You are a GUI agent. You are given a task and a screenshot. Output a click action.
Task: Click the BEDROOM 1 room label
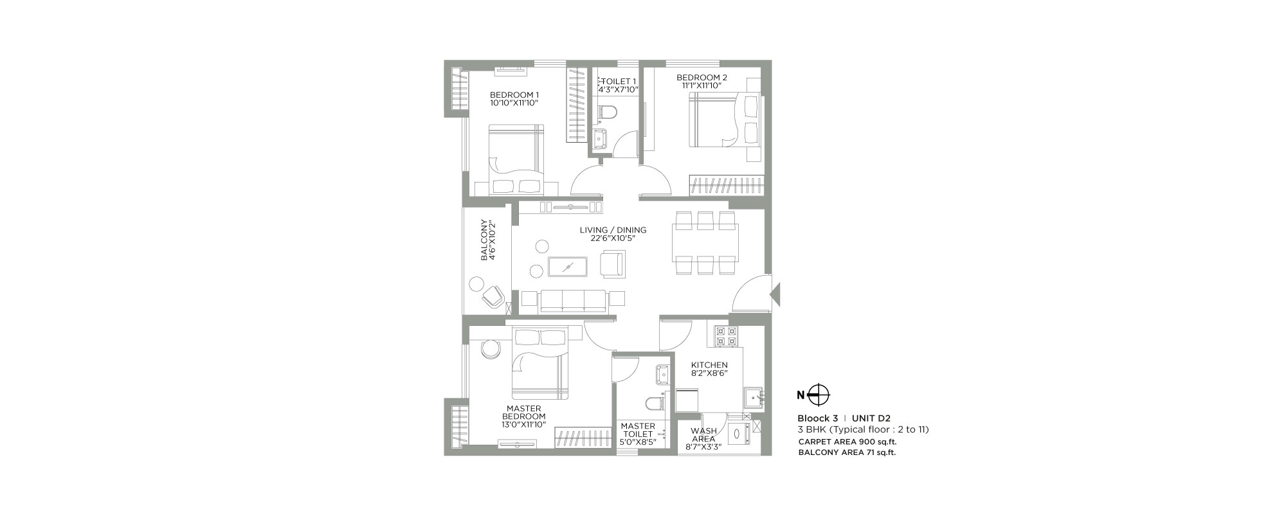click(x=514, y=94)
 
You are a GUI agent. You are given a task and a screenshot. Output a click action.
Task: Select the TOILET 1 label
click(x=619, y=81)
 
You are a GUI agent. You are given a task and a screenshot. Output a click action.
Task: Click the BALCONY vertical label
click(x=484, y=241)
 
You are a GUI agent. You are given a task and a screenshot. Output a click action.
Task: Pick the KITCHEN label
click(x=710, y=365)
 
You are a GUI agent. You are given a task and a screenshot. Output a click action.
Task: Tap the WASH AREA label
click(x=704, y=435)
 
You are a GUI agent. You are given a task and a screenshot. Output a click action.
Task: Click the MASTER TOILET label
click(x=638, y=430)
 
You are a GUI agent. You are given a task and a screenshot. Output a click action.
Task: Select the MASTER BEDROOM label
click(x=524, y=413)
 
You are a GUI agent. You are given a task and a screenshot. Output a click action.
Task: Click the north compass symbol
click(x=819, y=395)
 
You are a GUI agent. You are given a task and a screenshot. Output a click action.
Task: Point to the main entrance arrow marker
click(x=775, y=294)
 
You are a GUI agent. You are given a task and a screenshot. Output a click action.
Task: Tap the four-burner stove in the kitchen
click(x=725, y=336)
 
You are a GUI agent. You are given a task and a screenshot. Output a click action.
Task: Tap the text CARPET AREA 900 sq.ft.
click(x=847, y=442)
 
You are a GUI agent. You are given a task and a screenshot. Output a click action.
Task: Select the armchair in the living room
click(x=611, y=264)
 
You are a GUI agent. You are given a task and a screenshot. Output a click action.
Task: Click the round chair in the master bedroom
click(x=490, y=348)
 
